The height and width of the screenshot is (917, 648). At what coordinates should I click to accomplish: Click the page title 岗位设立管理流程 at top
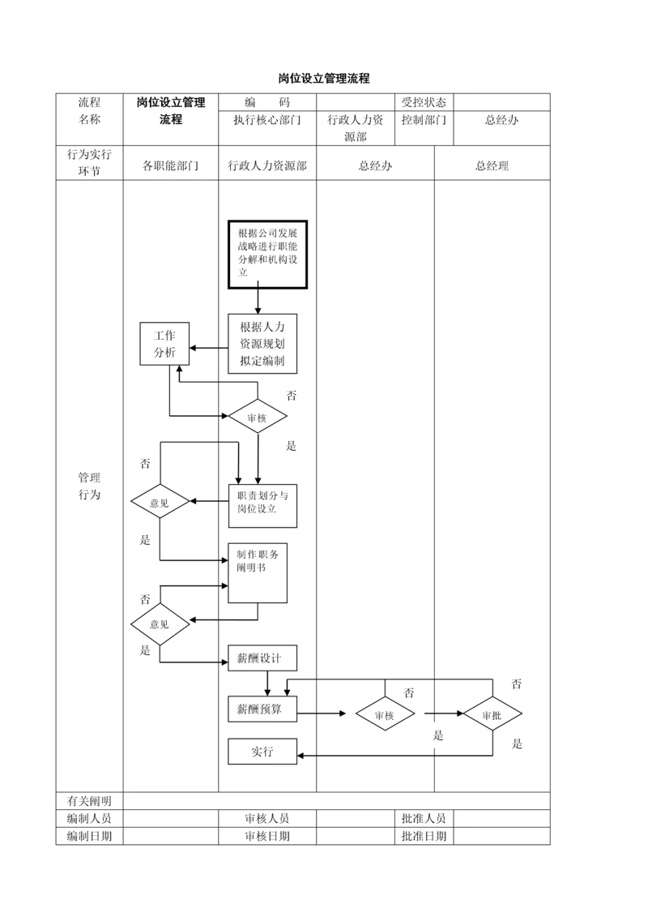(x=324, y=79)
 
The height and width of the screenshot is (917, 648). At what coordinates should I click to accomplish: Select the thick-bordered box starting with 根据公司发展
(x=266, y=255)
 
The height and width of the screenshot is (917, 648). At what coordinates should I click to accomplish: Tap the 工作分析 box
(x=164, y=344)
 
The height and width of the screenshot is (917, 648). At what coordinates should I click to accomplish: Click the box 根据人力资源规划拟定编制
(x=262, y=344)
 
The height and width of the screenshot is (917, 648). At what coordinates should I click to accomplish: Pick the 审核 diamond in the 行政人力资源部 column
(x=257, y=418)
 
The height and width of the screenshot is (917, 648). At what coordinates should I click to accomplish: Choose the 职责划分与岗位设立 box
(x=262, y=503)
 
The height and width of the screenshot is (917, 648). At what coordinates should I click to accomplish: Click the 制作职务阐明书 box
(x=258, y=572)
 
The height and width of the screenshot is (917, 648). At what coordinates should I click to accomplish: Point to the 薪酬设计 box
(x=262, y=658)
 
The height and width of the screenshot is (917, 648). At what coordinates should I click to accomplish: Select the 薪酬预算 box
(x=262, y=709)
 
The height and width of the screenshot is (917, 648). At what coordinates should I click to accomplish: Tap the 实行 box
(x=262, y=752)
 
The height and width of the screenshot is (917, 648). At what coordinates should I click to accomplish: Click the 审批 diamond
(x=492, y=715)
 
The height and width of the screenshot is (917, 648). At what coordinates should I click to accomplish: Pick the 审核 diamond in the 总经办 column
(x=385, y=715)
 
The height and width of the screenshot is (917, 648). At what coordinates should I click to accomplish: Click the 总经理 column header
(x=492, y=166)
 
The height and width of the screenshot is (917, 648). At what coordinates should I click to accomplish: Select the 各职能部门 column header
(x=170, y=166)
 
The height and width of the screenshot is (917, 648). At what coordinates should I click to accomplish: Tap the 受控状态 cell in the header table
(x=424, y=102)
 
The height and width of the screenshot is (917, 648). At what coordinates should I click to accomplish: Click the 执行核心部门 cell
(x=267, y=120)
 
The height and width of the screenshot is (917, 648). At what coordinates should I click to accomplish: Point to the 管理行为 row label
(x=89, y=486)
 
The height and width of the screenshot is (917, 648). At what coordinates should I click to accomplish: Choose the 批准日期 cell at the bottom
(x=424, y=836)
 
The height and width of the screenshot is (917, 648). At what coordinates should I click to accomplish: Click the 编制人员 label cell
(x=89, y=818)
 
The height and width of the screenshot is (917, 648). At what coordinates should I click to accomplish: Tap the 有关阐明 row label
(x=89, y=801)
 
